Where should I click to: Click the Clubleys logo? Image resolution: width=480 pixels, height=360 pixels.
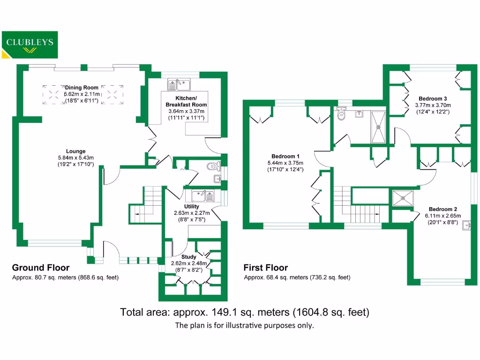point(30,44)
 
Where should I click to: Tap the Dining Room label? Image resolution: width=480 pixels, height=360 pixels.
point(82,88)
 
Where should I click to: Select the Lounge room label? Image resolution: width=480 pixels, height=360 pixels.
point(75,151)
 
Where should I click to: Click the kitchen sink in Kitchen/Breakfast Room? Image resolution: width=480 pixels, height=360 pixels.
point(179,84)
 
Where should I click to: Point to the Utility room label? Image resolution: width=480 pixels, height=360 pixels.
point(192,206)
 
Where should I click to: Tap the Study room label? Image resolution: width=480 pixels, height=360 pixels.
point(189,257)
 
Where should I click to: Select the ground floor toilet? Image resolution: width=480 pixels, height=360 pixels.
point(214,165)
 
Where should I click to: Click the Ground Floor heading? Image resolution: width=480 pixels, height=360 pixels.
point(41,268)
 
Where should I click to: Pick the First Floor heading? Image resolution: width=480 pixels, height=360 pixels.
point(265,268)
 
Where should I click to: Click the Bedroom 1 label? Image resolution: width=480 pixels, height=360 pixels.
point(285,157)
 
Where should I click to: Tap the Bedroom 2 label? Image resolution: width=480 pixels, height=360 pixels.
point(442,209)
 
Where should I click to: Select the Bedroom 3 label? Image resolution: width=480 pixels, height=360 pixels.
point(433,99)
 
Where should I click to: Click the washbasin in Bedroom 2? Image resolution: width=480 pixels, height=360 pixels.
point(466,226)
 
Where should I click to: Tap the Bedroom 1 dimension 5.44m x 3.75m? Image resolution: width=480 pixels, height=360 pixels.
point(285,163)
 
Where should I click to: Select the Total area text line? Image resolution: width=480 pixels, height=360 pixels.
point(245,312)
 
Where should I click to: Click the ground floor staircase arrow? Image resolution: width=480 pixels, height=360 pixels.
point(137,214)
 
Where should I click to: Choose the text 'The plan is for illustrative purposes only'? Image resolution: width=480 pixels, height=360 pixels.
point(244,325)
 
